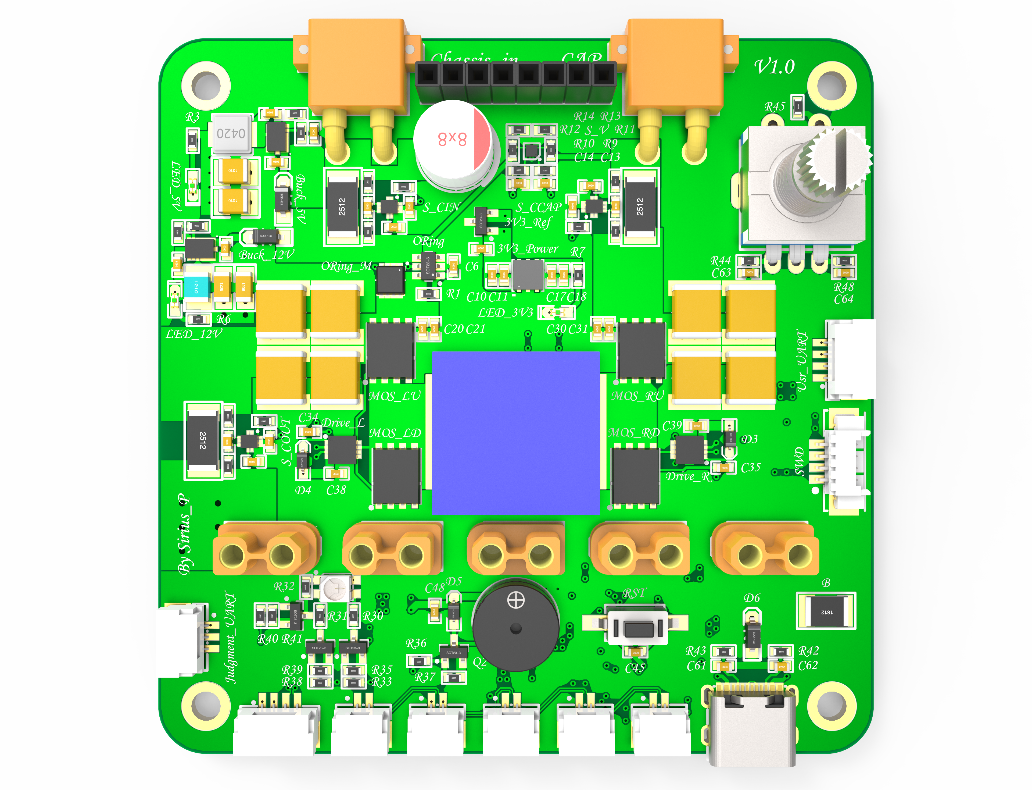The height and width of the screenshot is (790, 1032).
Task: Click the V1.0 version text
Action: tap(775, 67)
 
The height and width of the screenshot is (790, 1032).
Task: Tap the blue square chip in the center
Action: tap(515, 433)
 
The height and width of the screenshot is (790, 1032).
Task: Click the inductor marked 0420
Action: tap(231, 134)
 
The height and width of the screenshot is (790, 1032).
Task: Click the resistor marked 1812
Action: tap(826, 611)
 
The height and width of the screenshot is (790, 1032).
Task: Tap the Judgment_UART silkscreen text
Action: tap(230, 637)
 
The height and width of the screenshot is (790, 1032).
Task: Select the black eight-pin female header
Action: tap(515, 82)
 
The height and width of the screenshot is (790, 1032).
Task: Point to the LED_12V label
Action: tap(193, 334)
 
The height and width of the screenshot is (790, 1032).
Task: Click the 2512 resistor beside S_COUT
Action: tap(203, 440)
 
